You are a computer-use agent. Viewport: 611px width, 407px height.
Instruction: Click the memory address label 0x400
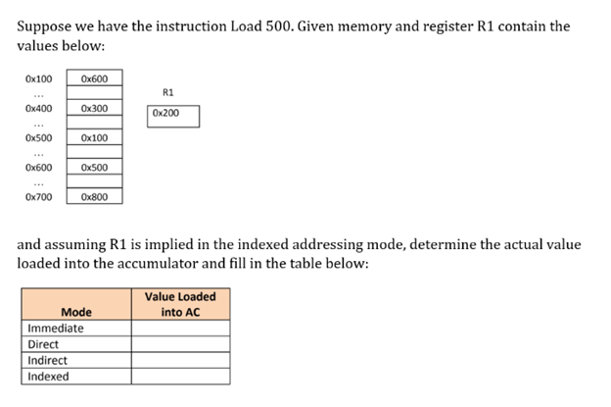39,108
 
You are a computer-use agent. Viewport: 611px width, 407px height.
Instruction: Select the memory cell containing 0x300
95,108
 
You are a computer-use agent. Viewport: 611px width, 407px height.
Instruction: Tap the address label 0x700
39,197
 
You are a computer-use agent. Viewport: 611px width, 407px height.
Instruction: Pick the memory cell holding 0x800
95,197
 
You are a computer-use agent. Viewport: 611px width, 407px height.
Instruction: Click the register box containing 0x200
172,115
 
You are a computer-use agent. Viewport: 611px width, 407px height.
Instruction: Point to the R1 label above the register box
167,92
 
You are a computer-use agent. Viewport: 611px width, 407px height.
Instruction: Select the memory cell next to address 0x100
95,78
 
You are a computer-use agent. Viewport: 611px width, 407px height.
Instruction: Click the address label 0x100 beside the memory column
39,78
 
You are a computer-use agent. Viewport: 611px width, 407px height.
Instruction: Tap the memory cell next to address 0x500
95,138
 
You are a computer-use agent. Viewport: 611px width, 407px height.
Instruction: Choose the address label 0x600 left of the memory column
39,168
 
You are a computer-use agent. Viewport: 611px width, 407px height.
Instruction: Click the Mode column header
76,312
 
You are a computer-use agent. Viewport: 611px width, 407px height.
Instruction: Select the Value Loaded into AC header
180,304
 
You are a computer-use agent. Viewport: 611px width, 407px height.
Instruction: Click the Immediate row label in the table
56,329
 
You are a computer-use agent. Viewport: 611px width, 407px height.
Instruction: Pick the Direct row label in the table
44,344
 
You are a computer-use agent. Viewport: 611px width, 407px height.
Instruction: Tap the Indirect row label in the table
48,360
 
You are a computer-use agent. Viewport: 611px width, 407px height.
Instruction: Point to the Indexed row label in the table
49,376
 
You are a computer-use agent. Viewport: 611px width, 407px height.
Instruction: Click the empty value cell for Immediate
180,329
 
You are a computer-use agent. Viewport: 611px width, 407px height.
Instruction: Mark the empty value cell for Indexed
180,376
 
